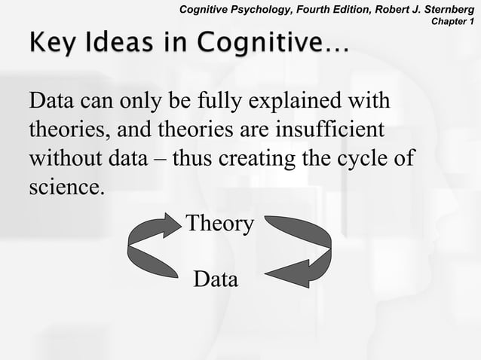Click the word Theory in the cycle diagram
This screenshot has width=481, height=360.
tap(219, 224)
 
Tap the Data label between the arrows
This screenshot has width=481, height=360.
tap(216, 279)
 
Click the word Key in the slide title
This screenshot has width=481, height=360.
tap(51, 44)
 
